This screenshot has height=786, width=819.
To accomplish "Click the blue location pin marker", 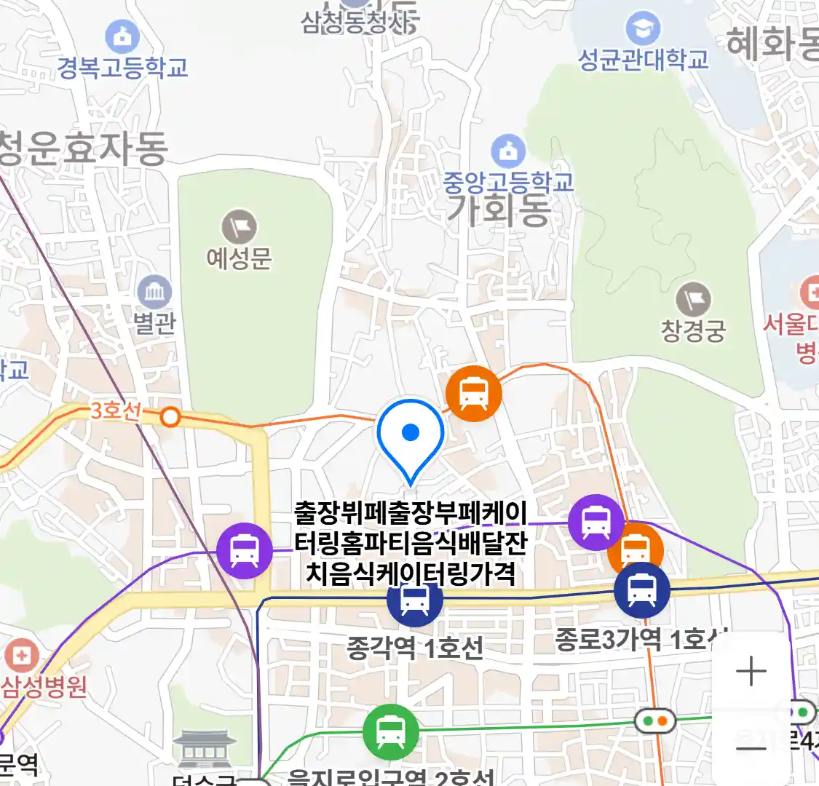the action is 411,434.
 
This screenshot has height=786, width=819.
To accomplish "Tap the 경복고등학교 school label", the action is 123,68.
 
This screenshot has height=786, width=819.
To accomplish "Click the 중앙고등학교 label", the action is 509,181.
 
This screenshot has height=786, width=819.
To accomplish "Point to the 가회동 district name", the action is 499,210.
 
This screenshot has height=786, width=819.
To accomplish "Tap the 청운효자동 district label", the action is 83,148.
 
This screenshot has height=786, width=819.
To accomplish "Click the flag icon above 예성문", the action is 240,226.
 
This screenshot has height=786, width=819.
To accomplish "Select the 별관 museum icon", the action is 154,293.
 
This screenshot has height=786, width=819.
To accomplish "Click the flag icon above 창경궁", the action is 693,300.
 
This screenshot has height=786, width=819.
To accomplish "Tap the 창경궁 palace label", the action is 693,331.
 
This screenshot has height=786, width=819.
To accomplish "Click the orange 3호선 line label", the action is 115,410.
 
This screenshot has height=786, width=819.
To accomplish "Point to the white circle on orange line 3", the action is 170,417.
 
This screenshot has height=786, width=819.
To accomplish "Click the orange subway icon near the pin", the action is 474,394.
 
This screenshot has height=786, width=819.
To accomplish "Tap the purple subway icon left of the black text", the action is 245,551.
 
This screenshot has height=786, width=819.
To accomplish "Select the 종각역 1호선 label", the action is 414,647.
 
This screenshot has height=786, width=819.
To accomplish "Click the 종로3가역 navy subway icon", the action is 641,590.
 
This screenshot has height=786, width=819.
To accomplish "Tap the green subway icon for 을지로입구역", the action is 391,732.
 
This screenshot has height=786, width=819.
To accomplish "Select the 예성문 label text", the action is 240,258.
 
